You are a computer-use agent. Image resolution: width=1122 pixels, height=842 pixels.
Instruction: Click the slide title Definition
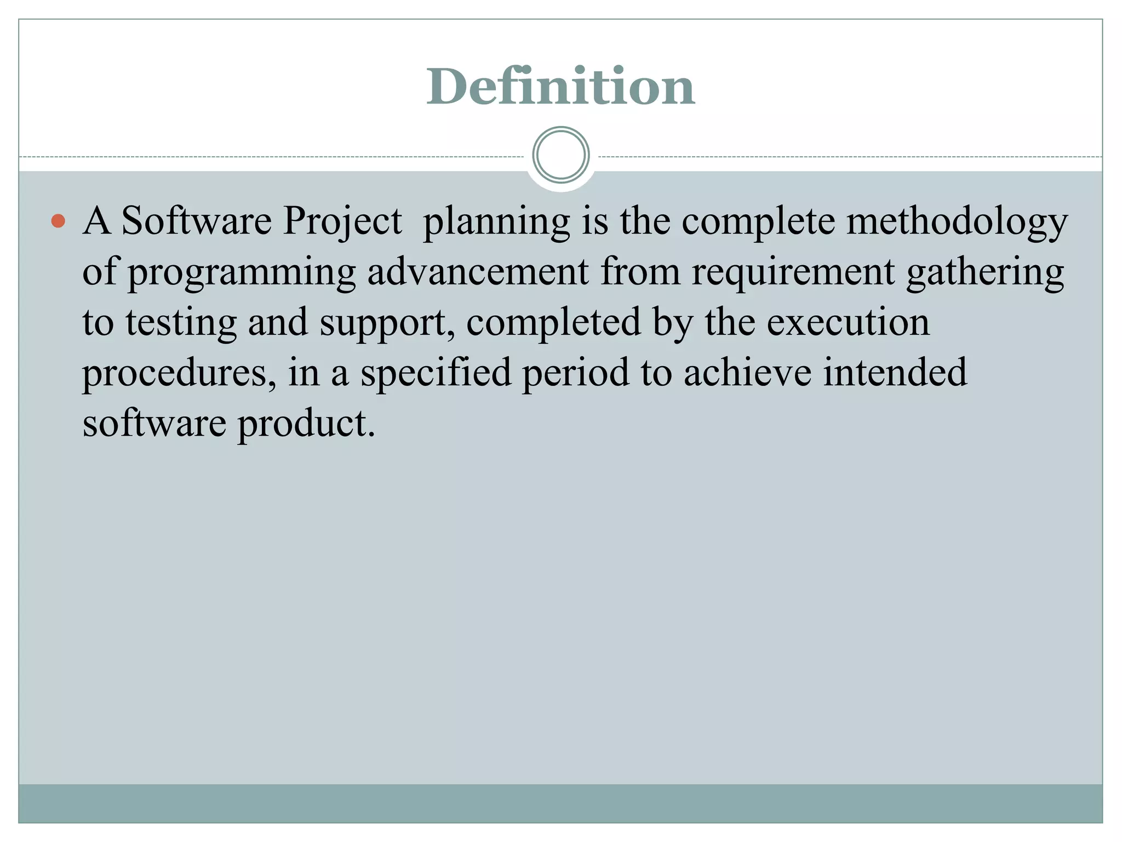click(x=560, y=87)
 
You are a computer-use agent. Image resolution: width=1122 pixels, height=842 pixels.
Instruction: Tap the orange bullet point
click(x=58, y=221)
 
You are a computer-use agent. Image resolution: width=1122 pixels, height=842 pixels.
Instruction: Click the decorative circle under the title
click(x=561, y=155)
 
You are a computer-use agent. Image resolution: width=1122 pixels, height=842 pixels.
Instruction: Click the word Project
click(x=342, y=221)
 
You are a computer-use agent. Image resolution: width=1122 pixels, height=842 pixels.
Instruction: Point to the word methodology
click(x=957, y=221)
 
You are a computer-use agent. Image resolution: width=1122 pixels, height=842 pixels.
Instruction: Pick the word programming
click(x=242, y=272)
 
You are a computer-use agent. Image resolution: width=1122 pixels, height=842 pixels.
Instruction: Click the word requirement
click(x=793, y=272)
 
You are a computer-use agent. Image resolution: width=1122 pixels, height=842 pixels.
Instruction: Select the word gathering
click(x=985, y=272)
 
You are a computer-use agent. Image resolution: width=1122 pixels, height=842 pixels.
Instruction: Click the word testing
click(x=181, y=323)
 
